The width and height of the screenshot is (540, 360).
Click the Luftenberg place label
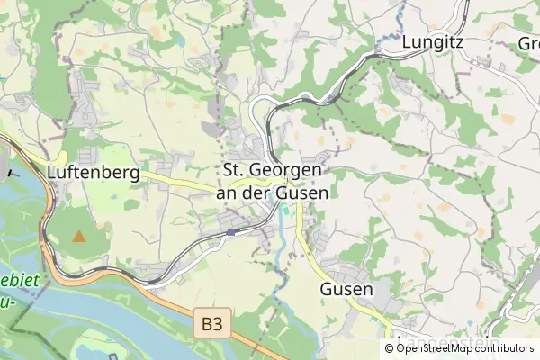(94, 172)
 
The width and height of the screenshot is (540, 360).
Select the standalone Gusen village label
(346, 290)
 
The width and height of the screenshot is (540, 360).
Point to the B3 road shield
(210, 321)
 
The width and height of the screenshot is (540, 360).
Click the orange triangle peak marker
(79, 237)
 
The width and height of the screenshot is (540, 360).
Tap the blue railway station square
(231, 232)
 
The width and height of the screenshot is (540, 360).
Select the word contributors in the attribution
(505, 348)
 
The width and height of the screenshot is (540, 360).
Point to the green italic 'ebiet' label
(20, 281)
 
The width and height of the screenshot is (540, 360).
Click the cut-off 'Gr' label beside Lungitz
(527, 44)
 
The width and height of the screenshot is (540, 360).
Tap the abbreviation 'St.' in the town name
(234, 170)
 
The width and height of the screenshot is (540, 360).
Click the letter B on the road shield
(204, 321)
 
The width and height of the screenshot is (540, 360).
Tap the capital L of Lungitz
(408, 41)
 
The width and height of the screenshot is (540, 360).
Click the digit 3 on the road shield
(216, 321)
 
